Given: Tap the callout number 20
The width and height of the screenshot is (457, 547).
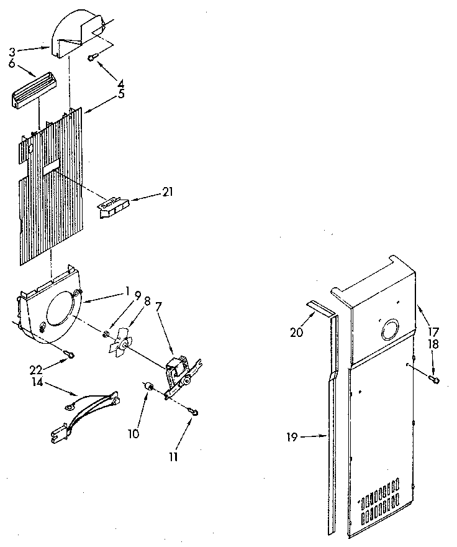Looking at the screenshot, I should coord(297,333).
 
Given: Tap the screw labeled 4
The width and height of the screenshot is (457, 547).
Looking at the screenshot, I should coord(92,58).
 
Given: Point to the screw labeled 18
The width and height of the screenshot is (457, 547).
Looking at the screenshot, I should coord(434,379).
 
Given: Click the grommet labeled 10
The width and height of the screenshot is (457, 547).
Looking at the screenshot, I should coord(148,388).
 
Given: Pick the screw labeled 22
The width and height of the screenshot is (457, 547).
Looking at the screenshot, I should coord(71,355).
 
